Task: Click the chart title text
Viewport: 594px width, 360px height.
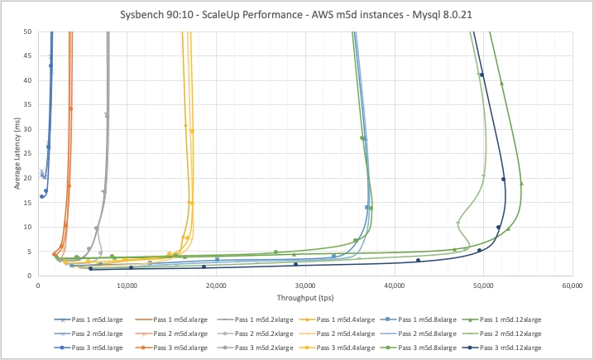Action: pyautogui.click(x=296, y=15)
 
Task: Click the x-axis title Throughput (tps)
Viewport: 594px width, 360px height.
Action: pyautogui.click(x=305, y=298)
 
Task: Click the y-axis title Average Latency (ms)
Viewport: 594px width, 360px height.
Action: pyautogui.click(x=17, y=153)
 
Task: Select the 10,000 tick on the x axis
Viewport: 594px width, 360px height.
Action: pyautogui.click(x=127, y=286)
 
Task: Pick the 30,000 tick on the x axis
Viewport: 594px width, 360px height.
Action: pyautogui.click(x=305, y=286)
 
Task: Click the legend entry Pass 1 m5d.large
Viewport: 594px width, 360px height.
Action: pyautogui.click(x=89, y=319)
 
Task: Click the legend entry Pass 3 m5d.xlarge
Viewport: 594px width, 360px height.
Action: pyautogui.click(x=171, y=348)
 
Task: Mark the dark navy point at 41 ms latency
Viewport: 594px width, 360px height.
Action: pyautogui.click(x=481, y=74)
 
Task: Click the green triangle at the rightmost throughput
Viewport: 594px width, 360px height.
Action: pyautogui.click(x=522, y=184)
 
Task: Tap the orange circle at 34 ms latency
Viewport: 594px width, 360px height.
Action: pyautogui.click(x=70, y=108)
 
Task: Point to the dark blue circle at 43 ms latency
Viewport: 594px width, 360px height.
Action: pyautogui.click(x=50, y=65)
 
